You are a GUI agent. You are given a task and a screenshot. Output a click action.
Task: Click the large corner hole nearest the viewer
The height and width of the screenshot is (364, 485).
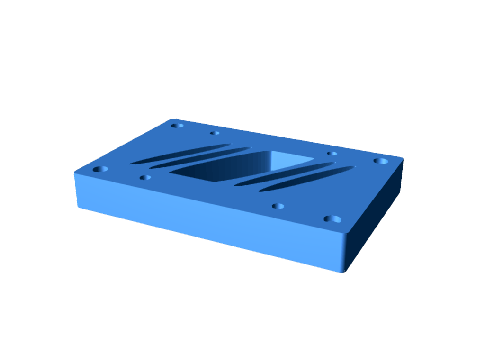(332, 218)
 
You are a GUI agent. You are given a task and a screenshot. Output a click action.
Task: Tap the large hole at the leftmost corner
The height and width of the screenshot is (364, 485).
(100, 169)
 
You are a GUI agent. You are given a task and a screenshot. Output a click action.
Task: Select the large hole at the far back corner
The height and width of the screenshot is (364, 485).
(177, 126)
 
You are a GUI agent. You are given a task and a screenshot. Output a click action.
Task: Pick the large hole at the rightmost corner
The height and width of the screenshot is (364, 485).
(380, 161)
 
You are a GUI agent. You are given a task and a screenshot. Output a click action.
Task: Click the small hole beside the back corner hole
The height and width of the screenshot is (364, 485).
(215, 133)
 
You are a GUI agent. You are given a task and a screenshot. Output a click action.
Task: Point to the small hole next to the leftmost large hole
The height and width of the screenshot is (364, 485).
(145, 177)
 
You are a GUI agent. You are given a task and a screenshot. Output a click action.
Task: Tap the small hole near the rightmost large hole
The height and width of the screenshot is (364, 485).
(332, 154)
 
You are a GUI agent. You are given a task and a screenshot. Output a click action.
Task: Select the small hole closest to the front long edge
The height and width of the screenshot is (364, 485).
(278, 206)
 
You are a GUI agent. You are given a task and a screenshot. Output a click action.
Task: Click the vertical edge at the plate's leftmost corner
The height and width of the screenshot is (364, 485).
(76, 190)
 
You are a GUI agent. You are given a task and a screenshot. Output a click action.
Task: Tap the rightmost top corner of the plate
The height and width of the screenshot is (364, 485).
(402, 158)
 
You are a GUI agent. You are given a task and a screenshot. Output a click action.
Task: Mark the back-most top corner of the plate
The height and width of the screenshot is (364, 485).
(173, 120)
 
